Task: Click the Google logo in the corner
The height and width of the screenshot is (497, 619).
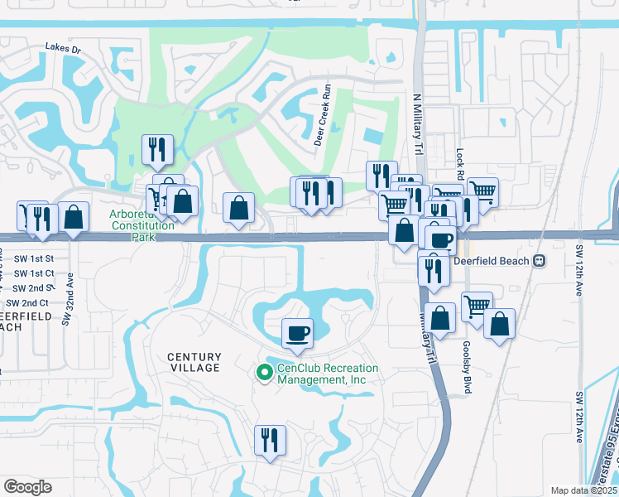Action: pyautogui.click(x=27, y=487)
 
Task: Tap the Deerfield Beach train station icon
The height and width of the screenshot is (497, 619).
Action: pyautogui.click(x=540, y=260)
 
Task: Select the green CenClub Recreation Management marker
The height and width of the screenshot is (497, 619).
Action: pyautogui.click(x=265, y=374)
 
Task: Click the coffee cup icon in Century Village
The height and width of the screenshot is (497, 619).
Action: pyautogui.click(x=298, y=333)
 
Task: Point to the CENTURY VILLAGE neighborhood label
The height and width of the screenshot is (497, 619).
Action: pyautogui.click(x=194, y=362)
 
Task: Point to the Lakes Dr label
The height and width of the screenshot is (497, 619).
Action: pyautogui.click(x=64, y=49)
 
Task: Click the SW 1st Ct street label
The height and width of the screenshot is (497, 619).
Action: pyautogui.click(x=34, y=273)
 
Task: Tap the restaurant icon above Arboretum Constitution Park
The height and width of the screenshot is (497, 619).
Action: pyautogui.click(x=157, y=149)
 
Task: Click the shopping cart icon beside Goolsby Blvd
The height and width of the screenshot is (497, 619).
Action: pyautogui.click(x=477, y=306)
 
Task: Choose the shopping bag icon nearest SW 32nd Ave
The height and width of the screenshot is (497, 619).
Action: pyautogui.click(x=74, y=217)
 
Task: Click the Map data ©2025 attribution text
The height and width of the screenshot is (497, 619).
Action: pyautogui.click(x=583, y=490)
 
